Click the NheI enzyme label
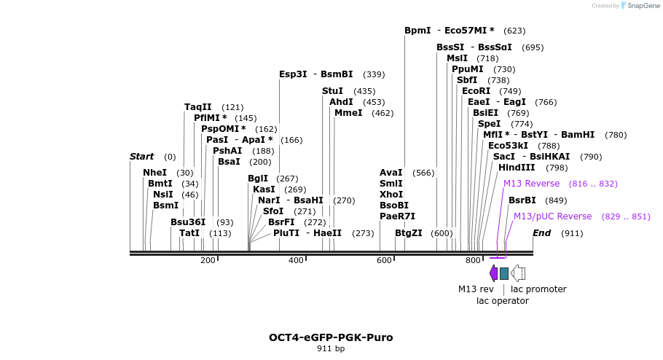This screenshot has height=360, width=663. pyautogui.click(x=154, y=173)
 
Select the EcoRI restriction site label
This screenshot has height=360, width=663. pyautogui.click(x=476, y=91)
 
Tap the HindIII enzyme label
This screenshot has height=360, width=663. pyautogui.click(x=517, y=168)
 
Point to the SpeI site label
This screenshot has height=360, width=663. pyautogui.click(x=489, y=124)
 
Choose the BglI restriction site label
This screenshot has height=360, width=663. pyautogui.click(x=258, y=179)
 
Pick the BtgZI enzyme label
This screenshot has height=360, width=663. pyautogui.click(x=408, y=233)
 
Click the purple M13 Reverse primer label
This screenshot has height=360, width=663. pyautogui.click(x=531, y=184)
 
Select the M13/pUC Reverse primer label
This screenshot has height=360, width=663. pyautogui.click(x=552, y=216)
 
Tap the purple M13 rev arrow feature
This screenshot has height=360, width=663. pyautogui.click(x=493, y=273)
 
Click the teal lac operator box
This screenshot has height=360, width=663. pyautogui.click(x=504, y=273)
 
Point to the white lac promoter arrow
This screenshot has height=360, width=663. pyautogui.click(x=518, y=273)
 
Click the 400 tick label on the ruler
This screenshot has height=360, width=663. pyautogui.click(x=296, y=260)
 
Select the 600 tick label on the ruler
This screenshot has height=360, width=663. pyautogui.click(x=384, y=260)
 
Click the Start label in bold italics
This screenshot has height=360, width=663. pyautogui.click(x=141, y=157)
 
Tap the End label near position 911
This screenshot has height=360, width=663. pyautogui.click(x=541, y=233)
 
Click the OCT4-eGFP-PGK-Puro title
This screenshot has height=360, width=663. pyautogui.click(x=331, y=337)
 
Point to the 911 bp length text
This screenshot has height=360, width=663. pyautogui.click(x=331, y=349)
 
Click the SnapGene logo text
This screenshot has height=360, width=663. pyautogui.click(x=641, y=6)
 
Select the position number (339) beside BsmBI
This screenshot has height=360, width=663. pyautogui.click(x=374, y=74)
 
